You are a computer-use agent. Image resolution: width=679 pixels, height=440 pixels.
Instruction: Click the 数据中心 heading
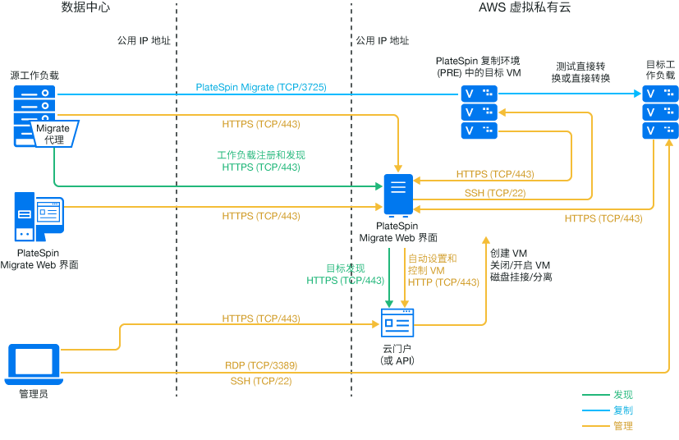(x=85, y=8)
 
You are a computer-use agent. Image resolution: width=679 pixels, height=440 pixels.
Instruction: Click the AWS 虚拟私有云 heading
(x=525, y=8)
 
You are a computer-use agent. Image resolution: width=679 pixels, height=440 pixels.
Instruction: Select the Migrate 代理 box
(x=53, y=133)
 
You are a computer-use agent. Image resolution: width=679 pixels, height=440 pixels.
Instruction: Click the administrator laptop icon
(x=33, y=364)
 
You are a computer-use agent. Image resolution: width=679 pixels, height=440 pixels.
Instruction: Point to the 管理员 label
(x=34, y=395)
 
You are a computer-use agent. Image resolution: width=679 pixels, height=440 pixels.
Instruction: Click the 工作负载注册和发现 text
(x=260, y=154)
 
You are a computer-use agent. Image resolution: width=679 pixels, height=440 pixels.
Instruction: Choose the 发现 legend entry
(x=623, y=395)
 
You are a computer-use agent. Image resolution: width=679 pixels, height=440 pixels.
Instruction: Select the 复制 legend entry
(x=623, y=410)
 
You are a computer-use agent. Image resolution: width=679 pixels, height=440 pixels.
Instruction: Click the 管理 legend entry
(x=623, y=426)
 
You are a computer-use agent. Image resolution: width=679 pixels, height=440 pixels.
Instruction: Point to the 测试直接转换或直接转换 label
(x=582, y=72)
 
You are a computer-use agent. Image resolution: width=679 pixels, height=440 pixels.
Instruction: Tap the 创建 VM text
(x=508, y=253)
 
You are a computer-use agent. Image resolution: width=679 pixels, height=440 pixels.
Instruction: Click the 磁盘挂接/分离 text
(x=521, y=277)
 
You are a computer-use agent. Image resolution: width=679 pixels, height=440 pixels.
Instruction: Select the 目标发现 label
(x=345, y=268)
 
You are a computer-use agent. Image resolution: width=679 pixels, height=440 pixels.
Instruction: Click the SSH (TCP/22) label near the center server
(x=495, y=194)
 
